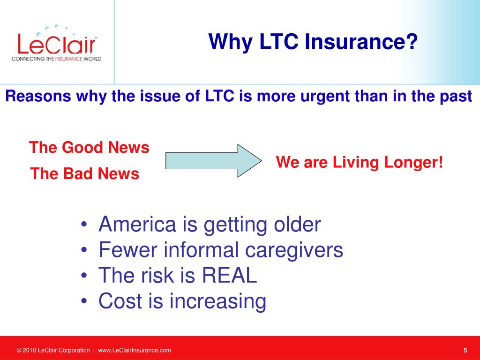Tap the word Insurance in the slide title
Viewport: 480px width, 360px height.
click(361, 41)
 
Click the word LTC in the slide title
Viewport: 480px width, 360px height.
click(278, 41)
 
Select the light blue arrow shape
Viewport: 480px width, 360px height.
click(214, 161)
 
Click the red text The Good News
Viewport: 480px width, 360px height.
click(89, 147)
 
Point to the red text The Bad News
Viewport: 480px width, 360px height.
click(84, 173)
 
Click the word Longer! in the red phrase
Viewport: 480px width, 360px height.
click(413, 162)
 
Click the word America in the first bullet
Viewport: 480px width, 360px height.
click(137, 224)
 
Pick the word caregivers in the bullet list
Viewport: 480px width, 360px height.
click(294, 250)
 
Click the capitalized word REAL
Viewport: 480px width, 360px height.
click(229, 275)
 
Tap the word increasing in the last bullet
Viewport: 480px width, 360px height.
click(217, 301)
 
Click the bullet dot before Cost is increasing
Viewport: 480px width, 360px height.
click(84, 300)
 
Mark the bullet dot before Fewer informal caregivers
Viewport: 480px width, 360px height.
click(84, 250)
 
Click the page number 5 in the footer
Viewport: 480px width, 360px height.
click(465, 350)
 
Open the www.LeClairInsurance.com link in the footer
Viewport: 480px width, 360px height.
click(135, 350)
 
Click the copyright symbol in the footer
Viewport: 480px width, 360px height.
click(19, 350)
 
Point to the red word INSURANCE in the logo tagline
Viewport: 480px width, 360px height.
click(68, 59)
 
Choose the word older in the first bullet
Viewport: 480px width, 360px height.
click(297, 224)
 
